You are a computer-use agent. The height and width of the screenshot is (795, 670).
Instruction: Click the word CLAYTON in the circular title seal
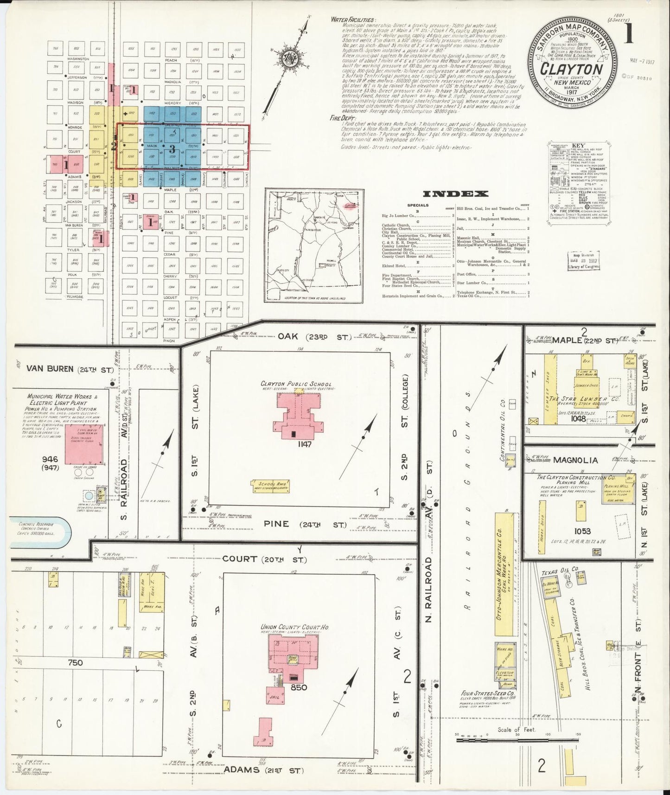[x=571, y=69]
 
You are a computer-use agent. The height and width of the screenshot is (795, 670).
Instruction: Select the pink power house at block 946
[x=84, y=444]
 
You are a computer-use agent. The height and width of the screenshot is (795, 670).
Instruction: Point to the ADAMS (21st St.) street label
[x=264, y=770]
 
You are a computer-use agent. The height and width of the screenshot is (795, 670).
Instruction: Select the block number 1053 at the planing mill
[x=580, y=531]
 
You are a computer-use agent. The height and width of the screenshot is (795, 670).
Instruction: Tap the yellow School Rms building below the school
[x=270, y=486]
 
